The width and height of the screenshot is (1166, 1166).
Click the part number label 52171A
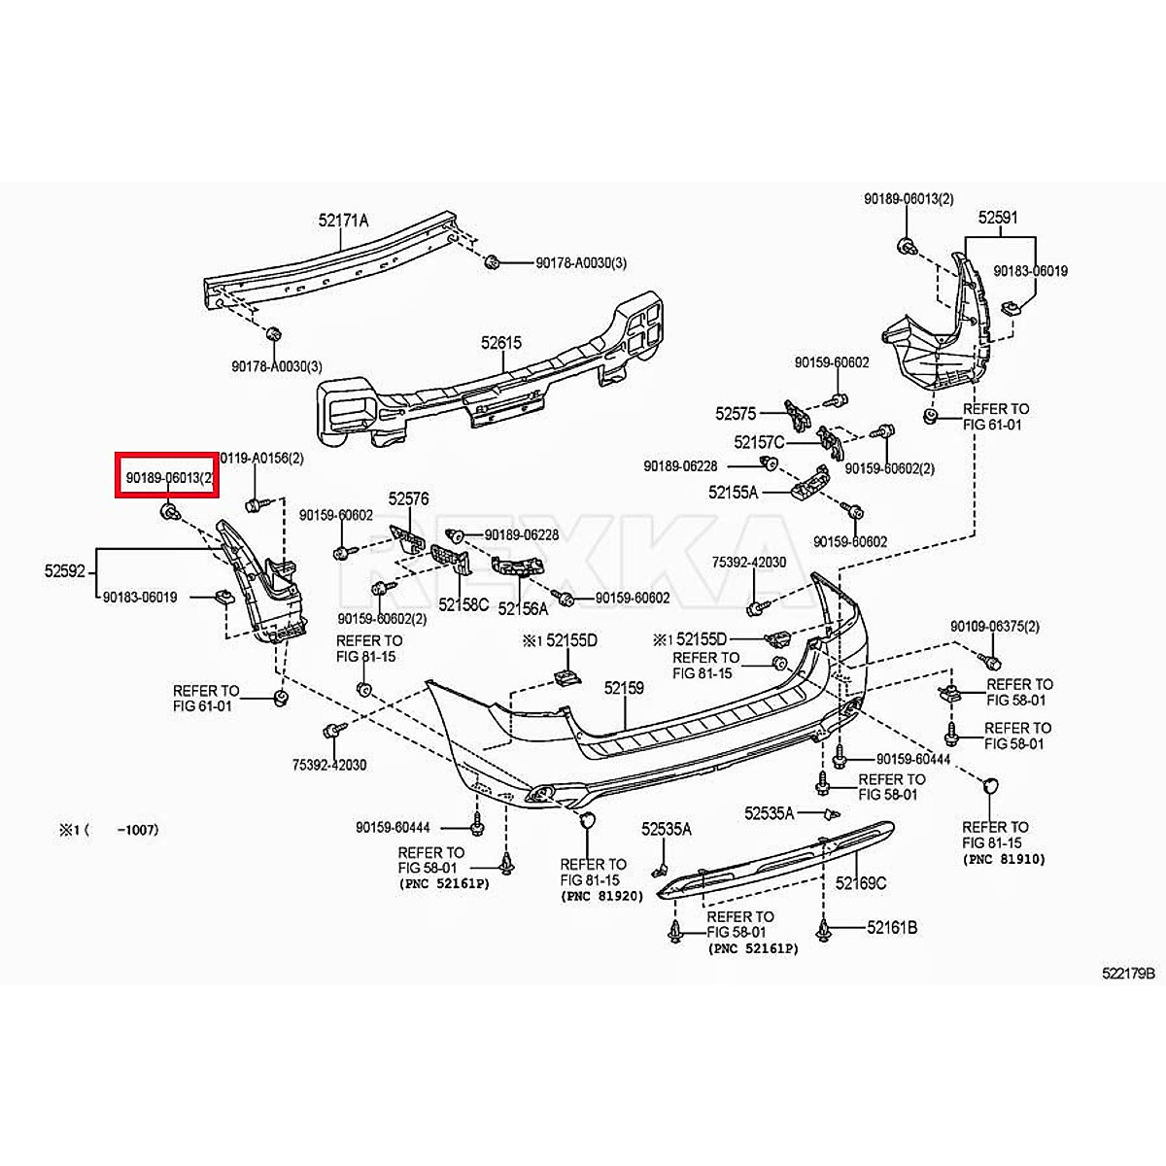(343, 221)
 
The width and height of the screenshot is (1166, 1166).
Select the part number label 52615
(500, 343)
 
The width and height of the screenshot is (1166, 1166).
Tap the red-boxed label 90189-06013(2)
(166, 476)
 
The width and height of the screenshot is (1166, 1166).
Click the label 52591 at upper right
(998, 219)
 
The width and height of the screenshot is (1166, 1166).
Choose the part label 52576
(409, 498)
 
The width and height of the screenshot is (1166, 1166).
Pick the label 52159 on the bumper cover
(624, 688)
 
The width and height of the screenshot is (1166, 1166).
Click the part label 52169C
(861, 883)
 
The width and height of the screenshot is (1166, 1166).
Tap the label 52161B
(892, 928)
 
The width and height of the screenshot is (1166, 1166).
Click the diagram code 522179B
(1128, 973)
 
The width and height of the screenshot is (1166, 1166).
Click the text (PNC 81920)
(602, 895)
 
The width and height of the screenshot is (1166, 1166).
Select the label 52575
(736, 414)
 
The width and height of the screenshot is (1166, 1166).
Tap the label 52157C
(759, 442)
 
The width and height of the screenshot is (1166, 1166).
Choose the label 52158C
(463, 603)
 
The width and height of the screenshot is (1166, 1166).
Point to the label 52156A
(523, 608)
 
